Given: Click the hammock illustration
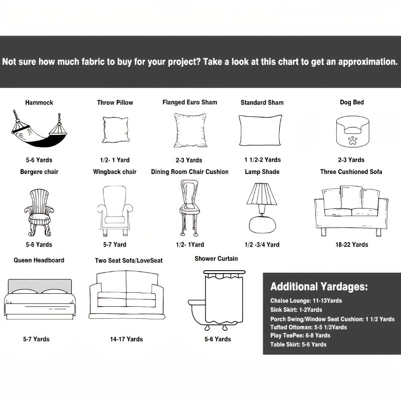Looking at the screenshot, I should pyautogui.click(x=39, y=131).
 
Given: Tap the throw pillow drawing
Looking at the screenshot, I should pyautogui.click(x=115, y=130).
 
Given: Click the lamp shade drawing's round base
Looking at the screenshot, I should pyautogui.click(x=261, y=223).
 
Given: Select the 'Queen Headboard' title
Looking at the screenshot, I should pyautogui.click(x=39, y=260).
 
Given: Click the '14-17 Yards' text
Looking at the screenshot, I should pyautogui.click(x=126, y=339).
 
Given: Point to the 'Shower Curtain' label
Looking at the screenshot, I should pyautogui.click(x=217, y=259).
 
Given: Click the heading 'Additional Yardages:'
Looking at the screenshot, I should pyautogui.click(x=319, y=287).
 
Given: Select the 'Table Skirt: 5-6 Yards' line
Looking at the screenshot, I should pyautogui.click(x=298, y=344).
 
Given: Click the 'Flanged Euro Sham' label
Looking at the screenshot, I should pyautogui.click(x=190, y=102).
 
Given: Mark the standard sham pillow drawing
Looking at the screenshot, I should pyautogui.click(x=261, y=130).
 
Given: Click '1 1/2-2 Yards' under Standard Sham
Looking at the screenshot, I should pyautogui.click(x=263, y=160).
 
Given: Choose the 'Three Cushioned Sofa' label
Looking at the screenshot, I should pyautogui.click(x=351, y=172).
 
